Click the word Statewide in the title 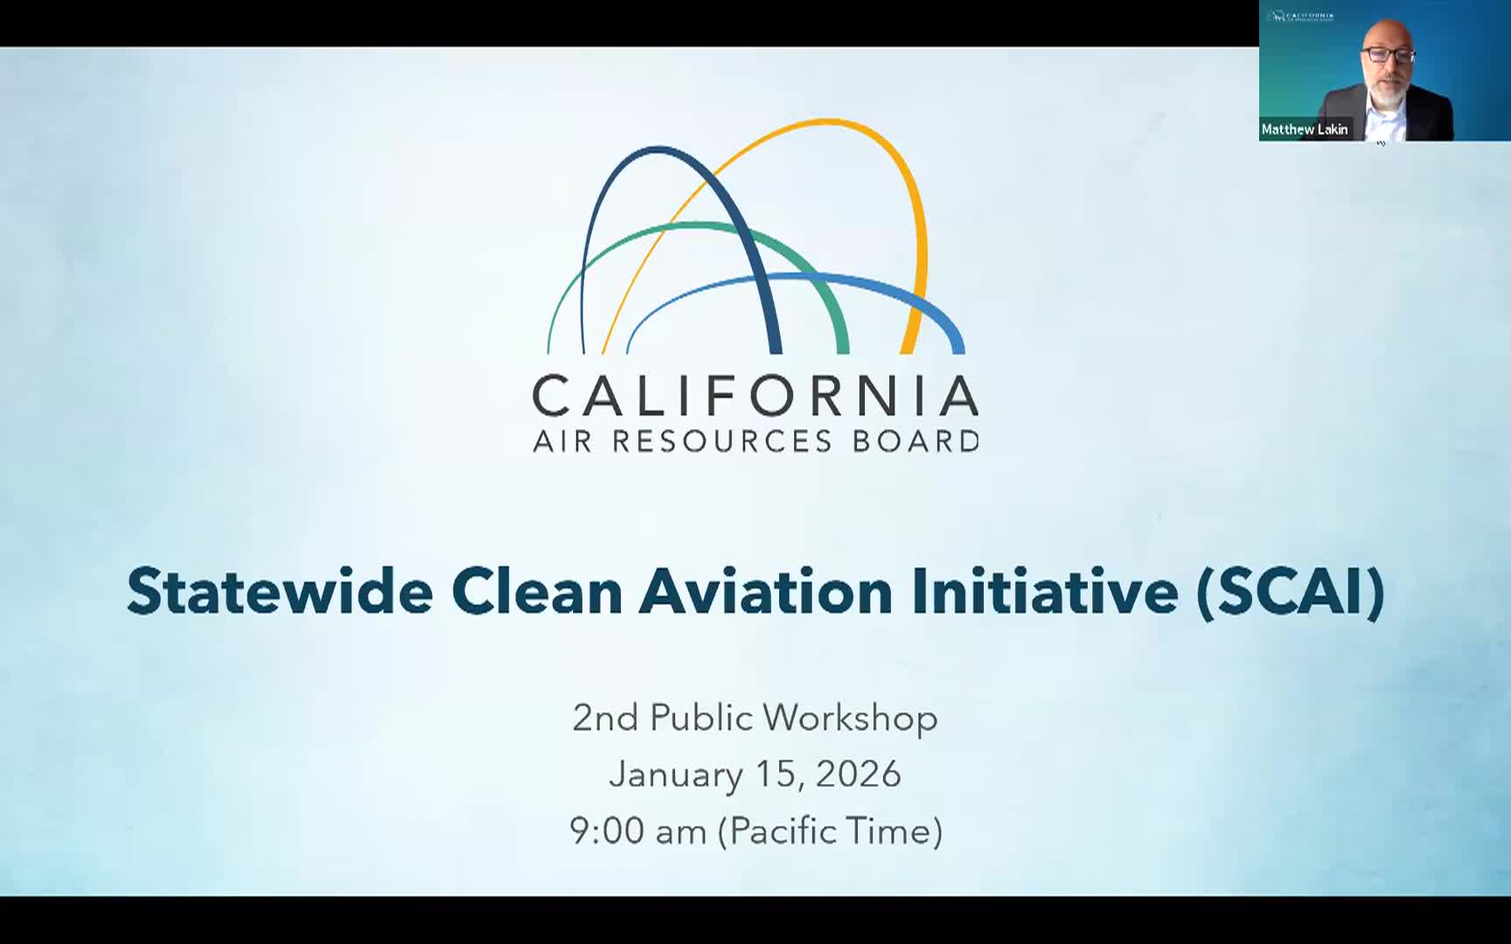(280, 592)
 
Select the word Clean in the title (536, 592)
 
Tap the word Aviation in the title (766, 592)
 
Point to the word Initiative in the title (1044, 592)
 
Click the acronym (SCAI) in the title (1291, 592)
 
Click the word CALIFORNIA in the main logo (755, 396)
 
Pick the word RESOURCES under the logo (721, 441)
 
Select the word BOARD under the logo (916, 441)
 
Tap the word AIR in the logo (563, 441)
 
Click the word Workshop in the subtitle (850, 718)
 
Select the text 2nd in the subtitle (605, 718)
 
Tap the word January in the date (675, 774)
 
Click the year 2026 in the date (858, 774)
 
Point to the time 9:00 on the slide (607, 830)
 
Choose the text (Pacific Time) (830, 830)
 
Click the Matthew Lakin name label (1304, 129)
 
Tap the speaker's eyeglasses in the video (1387, 54)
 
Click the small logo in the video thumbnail (1300, 16)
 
